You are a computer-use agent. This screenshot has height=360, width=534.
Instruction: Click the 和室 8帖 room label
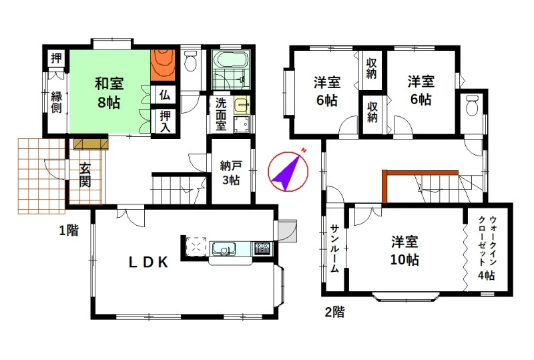(109, 93)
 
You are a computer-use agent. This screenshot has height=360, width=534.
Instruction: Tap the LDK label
(148, 262)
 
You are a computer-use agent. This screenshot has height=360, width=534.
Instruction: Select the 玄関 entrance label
(85, 175)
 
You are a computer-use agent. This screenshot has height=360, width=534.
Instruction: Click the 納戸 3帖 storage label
(231, 173)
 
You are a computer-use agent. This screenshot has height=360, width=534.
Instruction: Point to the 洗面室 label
(221, 115)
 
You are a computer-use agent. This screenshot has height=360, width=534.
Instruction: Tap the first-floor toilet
(190, 60)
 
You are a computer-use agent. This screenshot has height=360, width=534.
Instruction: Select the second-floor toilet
(472, 106)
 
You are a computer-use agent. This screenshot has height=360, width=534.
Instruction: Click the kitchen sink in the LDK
(224, 248)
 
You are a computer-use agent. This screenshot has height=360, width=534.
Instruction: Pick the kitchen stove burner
(262, 248)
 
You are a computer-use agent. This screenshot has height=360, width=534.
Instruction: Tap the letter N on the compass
(304, 150)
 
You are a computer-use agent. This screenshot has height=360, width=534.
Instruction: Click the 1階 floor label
(69, 231)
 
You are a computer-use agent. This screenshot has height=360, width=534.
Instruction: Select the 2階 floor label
(335, 312)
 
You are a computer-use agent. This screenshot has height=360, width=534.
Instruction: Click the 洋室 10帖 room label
(405, 251)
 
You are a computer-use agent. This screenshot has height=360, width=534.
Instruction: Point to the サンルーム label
(335, 248)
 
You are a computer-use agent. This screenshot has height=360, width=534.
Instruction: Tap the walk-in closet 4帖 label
(487, 248)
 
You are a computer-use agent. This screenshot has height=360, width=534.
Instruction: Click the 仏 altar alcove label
(165, 94)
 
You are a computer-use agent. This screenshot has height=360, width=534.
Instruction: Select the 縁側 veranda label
(57, 102)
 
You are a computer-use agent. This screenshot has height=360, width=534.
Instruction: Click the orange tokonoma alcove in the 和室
(163, 65)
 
